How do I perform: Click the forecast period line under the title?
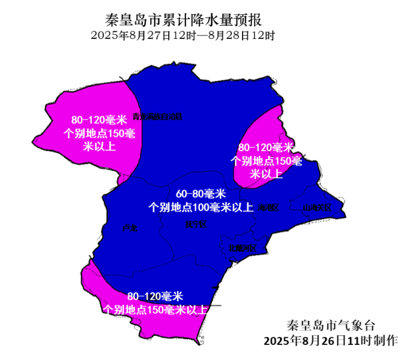pyautogui.click(x=183, y=35)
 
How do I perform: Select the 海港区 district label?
pyautogui.click(x=268, y=208)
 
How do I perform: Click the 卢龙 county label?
pyautogui.click(x=130, y=228)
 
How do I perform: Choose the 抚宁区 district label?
pyautogui.click(x=196, y=224)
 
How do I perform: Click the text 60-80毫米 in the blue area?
pyautogui.click(x=200, y=194)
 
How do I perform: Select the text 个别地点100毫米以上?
pyautogui.click(x=200, y=208)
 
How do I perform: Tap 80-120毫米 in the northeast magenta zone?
pyautogui.click(x=266, y=148)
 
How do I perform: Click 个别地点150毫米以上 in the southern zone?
pyautogui.click(x=155, y=310)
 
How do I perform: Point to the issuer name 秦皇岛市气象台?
pyautogui.click(x=330, y=326)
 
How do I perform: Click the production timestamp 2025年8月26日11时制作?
pyautogui.click(x=330, y=341)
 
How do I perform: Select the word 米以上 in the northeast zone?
pyautogui.click(x=266, y=175)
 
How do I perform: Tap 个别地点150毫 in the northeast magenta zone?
pyautogui.click(x=266, y=161)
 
